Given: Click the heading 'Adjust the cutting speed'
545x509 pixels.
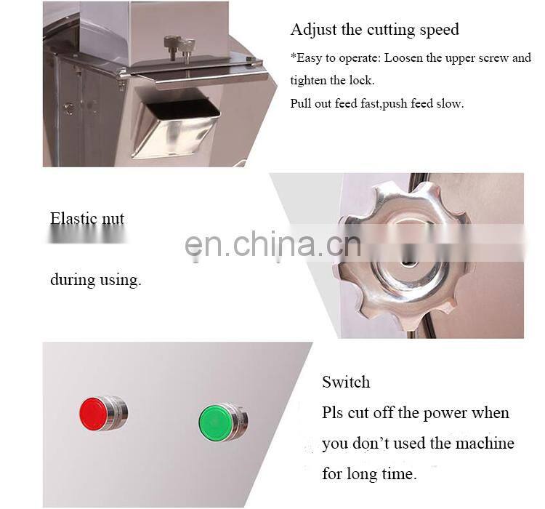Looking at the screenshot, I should click(374, 30).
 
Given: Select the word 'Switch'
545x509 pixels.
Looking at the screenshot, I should click(346, 382).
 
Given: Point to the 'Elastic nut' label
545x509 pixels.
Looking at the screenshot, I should click(87, 218).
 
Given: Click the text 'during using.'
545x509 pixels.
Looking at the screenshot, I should click(95, 279).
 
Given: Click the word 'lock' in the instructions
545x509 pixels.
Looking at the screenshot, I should click(362, 81).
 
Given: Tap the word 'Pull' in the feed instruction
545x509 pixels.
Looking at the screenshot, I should click(301, 103).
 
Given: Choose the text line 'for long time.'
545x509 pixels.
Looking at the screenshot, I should click(369, 474).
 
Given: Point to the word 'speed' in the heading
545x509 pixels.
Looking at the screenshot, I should click(437, 30).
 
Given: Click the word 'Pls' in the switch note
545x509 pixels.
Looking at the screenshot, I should click(334, 413).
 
